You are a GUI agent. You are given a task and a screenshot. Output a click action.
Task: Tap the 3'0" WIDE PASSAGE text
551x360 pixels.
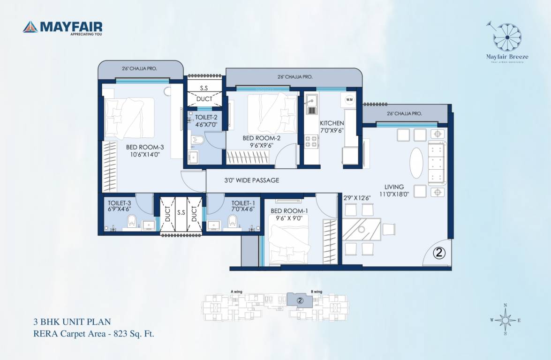point(251,180)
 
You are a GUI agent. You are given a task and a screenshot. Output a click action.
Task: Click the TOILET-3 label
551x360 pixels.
point(121,202)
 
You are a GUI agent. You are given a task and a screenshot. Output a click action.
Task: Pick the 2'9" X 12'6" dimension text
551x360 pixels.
point(357,198)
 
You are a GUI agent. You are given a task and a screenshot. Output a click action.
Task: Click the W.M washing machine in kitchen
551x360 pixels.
point(349,100)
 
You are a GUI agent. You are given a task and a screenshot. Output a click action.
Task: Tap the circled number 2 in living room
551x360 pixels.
point(440,253)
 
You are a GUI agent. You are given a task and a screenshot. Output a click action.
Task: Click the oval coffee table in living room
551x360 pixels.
point(416,163)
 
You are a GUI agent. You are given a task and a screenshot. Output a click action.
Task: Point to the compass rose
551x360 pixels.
point(505,320)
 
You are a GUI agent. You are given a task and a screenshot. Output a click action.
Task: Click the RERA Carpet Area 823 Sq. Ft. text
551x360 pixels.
point(94,334)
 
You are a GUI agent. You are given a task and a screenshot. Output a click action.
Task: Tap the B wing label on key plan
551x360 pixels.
point(317,292)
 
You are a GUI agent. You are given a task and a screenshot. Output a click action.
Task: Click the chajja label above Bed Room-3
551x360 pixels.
point(139,68)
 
